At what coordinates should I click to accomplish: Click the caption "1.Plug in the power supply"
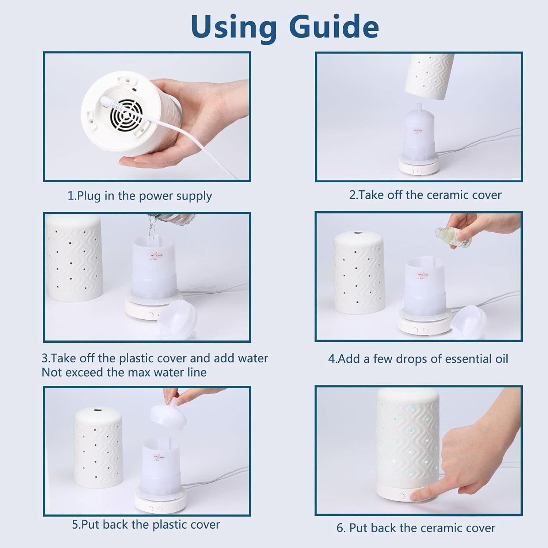point(140,196)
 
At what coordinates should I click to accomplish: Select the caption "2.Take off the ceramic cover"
point(425,195)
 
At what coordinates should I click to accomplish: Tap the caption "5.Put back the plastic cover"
point(146,525)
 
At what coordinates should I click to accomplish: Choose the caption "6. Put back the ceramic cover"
point(416,528)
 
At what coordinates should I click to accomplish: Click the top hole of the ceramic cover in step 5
point(97,410)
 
